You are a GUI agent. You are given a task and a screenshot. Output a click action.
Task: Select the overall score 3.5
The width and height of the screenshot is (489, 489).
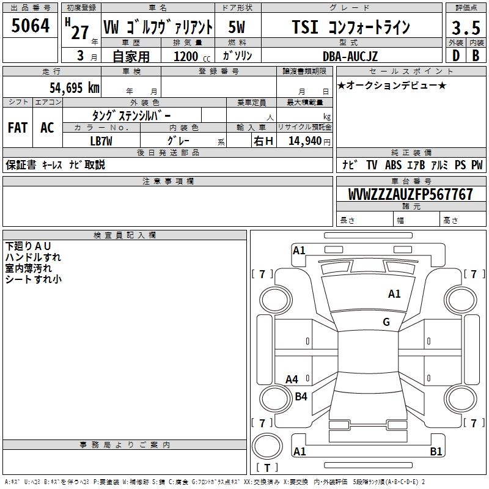(464, 28)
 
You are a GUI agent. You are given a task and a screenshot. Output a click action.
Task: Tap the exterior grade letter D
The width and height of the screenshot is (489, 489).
(455, 55)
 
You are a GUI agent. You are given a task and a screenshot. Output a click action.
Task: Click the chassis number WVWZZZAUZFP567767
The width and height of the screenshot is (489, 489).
(411, 194)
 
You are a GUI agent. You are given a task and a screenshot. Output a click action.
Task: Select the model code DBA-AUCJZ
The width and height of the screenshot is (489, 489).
(350, 56)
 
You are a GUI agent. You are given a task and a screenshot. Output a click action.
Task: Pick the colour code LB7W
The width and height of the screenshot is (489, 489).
(101, 141)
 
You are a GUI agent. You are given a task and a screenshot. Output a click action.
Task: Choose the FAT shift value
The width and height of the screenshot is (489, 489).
(17, 128)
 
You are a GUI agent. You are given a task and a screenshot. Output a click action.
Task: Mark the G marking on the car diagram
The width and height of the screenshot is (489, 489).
(386, 322)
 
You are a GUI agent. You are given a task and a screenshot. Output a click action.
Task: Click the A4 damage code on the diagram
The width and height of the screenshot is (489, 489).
(292, 379)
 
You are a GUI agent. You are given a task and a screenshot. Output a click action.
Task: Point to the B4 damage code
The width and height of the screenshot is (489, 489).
(301, 396)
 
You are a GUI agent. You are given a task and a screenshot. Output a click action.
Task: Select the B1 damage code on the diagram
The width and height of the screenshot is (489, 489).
(436, 452)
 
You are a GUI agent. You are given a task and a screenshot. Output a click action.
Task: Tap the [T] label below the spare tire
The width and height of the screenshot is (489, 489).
(267, 468)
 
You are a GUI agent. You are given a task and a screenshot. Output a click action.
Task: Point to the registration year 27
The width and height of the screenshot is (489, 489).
(80, 32)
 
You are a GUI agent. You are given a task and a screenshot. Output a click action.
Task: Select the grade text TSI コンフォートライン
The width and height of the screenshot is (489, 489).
(350, 27)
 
